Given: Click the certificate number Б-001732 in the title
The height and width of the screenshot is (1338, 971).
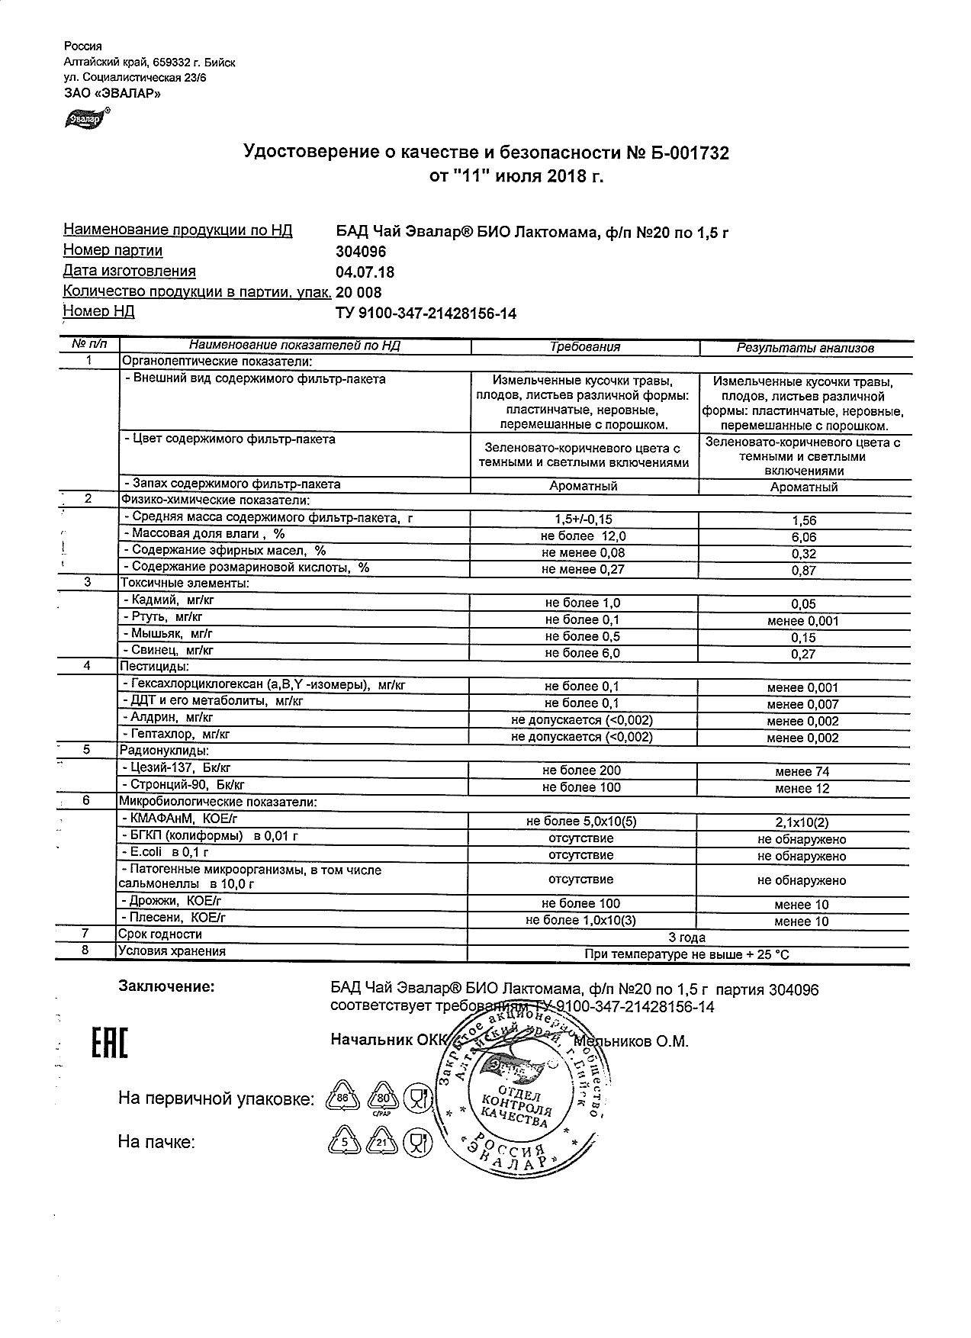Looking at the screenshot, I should (x=689, y=153).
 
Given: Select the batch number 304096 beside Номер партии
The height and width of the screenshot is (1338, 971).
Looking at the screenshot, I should (x=361, y=252).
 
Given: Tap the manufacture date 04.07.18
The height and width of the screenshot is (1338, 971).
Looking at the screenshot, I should (x=365, y=272).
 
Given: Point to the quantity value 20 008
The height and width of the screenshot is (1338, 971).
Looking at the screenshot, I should (x=358, y=293).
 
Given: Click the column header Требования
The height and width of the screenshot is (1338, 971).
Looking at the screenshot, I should (x=585, y=347).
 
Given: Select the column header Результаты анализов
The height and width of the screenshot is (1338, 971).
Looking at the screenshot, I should (x=805, y=349).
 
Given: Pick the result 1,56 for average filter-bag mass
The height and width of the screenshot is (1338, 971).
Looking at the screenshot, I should (x=804, y=521).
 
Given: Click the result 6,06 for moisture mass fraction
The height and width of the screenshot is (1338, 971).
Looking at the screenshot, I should (x=804, y=538).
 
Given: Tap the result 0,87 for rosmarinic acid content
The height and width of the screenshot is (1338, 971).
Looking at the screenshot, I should (x=804, y=571).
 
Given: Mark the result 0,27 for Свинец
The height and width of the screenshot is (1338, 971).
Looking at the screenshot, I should (x=804, y=654).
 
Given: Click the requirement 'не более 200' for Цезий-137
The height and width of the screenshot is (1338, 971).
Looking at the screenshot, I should (x=582, y=771).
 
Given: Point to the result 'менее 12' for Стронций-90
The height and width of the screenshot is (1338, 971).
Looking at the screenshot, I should (x=802, y=789).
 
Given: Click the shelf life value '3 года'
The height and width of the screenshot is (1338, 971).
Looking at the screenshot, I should (x=686, y=938).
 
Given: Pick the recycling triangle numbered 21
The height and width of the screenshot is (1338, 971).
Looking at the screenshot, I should (x=381, y=1143).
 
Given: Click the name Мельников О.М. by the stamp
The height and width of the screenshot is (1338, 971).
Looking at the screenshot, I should (x=633, y=1042).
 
